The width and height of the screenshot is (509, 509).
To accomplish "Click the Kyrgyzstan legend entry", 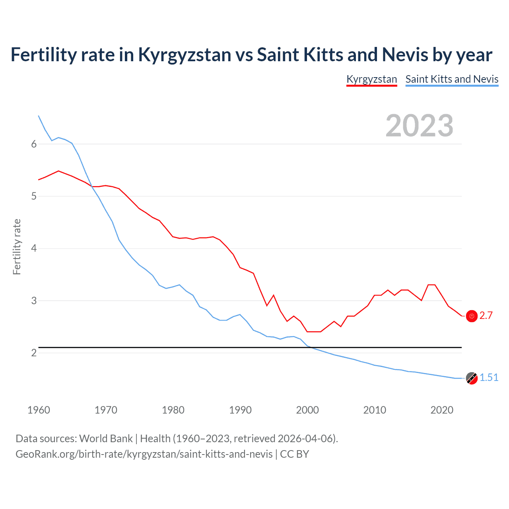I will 371,79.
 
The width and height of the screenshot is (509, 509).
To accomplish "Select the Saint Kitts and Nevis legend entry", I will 452,79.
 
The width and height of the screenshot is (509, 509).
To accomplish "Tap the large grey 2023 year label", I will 419,126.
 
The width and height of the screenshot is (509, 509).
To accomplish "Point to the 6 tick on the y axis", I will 34,144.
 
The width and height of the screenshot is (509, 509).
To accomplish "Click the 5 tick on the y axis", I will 34,196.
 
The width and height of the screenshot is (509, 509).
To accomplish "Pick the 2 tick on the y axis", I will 34,353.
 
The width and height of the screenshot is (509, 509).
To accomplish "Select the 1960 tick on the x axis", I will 39,410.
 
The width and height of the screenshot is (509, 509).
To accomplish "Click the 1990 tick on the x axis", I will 240,410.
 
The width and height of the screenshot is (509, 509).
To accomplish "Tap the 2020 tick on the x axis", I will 442,410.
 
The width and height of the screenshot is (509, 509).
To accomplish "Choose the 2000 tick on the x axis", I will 307,410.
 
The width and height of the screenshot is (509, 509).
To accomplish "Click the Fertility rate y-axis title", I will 17,247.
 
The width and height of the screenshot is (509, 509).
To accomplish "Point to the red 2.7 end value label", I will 486,316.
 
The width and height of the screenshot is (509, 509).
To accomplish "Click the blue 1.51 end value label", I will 489,377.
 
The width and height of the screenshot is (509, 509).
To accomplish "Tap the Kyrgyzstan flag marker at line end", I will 472,316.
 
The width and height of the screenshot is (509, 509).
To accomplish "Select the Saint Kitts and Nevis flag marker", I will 472,378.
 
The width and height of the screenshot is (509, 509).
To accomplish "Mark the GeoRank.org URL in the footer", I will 144,454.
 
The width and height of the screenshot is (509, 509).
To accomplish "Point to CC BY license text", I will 294,454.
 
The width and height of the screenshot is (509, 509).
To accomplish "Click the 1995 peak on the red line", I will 274,295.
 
